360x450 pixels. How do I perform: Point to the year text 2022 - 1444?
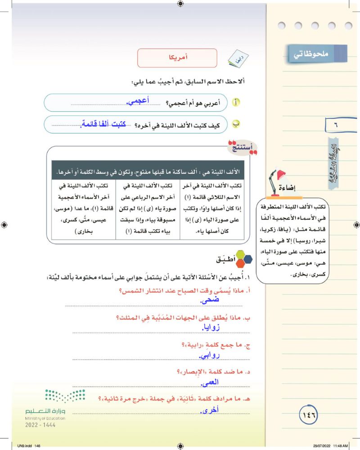[41, 425]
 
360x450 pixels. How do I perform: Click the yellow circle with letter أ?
[236, 103]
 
